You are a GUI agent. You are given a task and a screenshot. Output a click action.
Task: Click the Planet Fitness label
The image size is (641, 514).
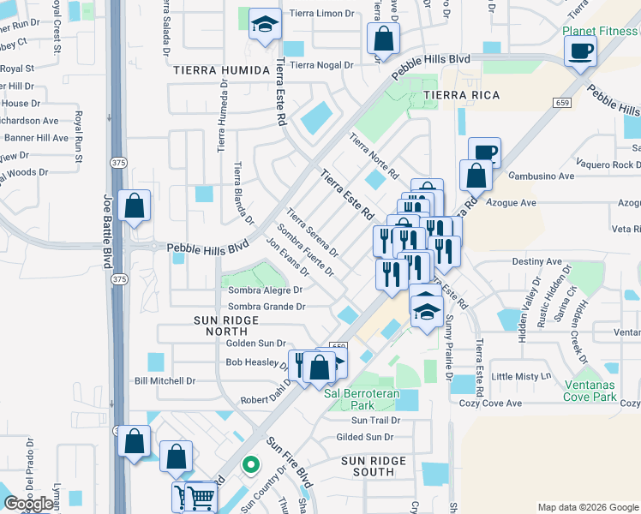[600, 32]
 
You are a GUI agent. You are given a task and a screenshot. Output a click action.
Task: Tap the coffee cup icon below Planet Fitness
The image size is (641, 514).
[580, 51]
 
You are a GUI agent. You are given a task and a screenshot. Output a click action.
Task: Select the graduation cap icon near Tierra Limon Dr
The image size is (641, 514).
[265, 25]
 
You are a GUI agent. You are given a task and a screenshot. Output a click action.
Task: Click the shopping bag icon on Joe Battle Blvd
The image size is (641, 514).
[135, 206]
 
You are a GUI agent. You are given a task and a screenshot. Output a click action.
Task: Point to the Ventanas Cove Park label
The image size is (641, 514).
[602, 391]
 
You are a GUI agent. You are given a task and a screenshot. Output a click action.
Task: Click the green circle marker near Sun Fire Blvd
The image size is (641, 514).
[250, 466]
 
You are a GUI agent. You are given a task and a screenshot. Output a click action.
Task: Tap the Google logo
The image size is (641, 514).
[28, 504]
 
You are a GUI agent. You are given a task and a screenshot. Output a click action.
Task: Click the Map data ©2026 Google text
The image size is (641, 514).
[588, 507]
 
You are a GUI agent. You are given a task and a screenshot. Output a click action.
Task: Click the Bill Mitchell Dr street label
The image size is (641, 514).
[165, 380]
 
